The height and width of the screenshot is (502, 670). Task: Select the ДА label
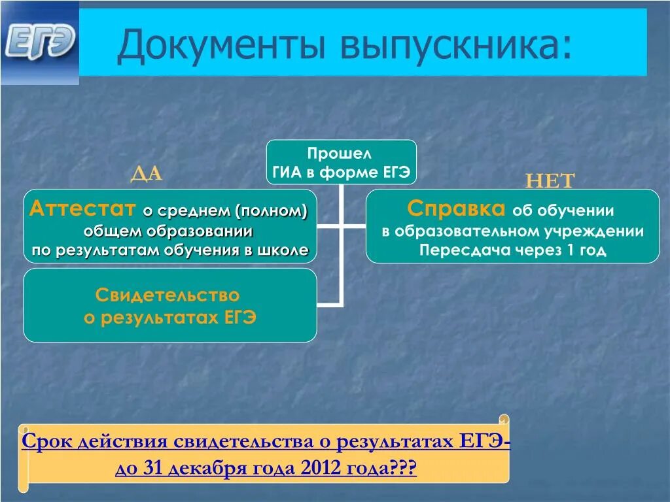coord(147,173)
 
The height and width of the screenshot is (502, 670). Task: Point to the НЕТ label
coord(550,181)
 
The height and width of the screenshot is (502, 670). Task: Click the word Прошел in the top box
coord(340,154)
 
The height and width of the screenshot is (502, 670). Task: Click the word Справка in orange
coord(456,209)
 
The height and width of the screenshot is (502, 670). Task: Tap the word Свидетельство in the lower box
coord(167,295)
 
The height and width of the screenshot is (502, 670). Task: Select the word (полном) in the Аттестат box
coord(273,211)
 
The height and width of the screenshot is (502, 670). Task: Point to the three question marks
coord(402,469)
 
